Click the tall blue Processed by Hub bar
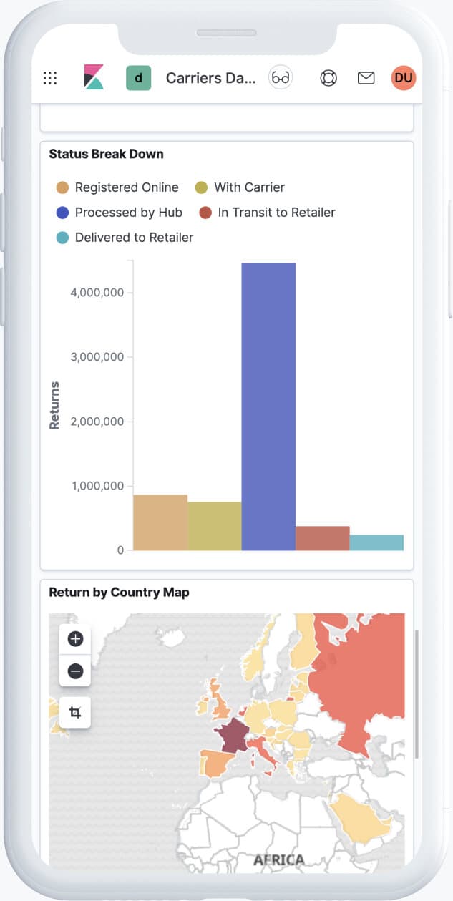click(268, 406)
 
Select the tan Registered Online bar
click(160, 522)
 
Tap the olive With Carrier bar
click(215, 526)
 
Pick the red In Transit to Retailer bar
click(322, 538)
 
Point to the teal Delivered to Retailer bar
click(376, 542)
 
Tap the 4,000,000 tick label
click(97, 293)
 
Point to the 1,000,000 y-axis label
click(97, 486)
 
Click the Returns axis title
click(54, 405)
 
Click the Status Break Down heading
click(106, 154)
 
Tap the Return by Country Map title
click(119, 593)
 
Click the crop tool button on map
click(75, 712)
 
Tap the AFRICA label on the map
click(278, 859)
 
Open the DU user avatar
click(404, 78)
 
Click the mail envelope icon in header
click(366, 78)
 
